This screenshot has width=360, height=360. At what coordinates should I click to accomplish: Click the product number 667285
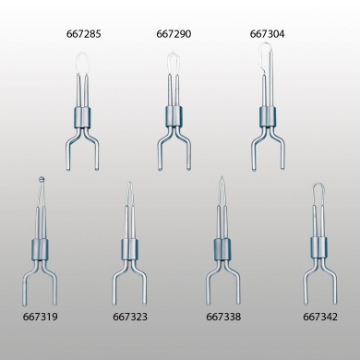(83, 34)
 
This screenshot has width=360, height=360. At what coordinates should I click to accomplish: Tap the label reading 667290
(174, 34)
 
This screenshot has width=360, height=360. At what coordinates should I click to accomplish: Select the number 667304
(267, 34)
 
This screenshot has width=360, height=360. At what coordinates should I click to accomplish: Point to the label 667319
(40, 317)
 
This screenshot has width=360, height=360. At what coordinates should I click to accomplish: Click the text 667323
(130, 317)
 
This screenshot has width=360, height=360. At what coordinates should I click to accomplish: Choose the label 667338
(223, 317)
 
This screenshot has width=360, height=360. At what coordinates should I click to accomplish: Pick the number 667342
(320, 317)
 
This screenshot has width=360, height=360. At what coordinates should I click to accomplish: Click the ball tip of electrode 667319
(42, 179)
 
